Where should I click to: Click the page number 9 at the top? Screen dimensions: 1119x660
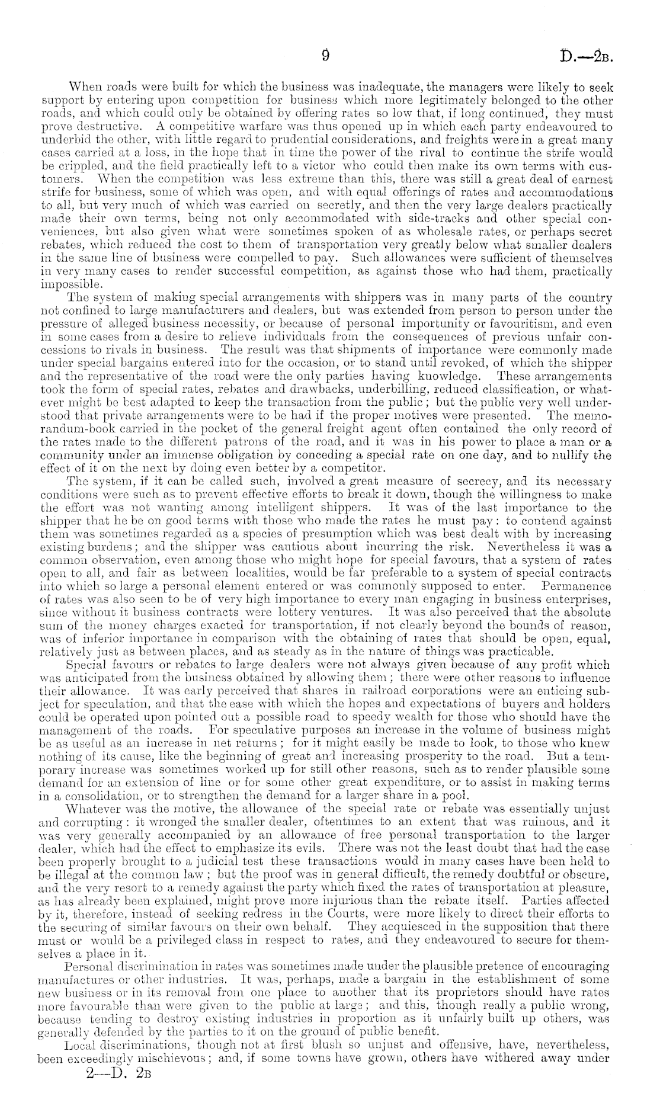tap(325, 55)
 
